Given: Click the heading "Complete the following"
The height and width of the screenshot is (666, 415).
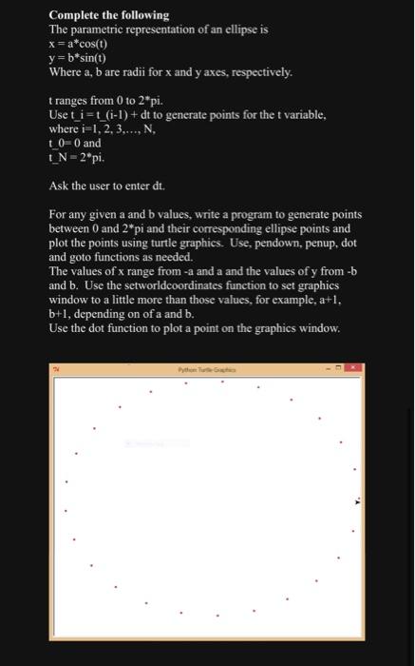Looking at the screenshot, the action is coord(108,15).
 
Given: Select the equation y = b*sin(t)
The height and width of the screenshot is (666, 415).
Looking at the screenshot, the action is coord(78,58).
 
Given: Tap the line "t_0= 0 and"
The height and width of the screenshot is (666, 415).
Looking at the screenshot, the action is coord(74,144).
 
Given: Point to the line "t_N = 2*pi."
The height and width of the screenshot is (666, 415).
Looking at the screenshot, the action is coord(75,158).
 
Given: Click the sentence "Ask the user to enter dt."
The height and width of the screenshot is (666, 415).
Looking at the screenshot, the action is coord(108,186).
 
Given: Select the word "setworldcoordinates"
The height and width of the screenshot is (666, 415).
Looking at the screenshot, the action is coord(164,286).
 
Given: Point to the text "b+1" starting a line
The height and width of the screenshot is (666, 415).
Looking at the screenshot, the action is coord(59,315).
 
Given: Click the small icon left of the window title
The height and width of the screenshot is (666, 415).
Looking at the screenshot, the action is coord(57,367).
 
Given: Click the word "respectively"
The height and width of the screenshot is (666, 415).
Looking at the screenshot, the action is coord(259,72).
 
